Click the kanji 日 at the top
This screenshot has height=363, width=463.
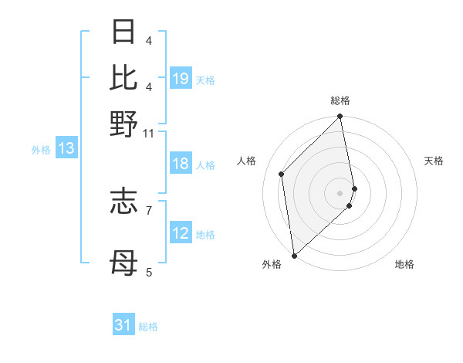(123, 32)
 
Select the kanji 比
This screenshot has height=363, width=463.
(123, 76)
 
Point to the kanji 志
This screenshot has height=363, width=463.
(123, 201)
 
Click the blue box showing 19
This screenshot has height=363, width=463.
(180, 78)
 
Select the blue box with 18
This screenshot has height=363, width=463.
(180, 164)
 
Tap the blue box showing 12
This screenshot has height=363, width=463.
(180, 233)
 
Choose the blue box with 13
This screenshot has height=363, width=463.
(66, 149)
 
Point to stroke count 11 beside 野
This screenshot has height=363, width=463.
(149, 133)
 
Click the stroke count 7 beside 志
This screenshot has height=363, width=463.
(149, 209)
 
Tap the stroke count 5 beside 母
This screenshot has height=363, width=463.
(149, 272)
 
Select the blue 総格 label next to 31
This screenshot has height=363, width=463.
(148, 327)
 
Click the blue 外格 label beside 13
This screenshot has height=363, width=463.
(41, 150)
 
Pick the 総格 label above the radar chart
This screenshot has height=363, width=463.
(340, 100)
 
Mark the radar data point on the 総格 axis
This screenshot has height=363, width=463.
(340, 117)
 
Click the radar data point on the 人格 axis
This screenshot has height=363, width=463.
(282, 174)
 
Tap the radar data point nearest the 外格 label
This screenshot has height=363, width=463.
(294, 255)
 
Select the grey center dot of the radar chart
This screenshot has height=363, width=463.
(340, 192)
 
